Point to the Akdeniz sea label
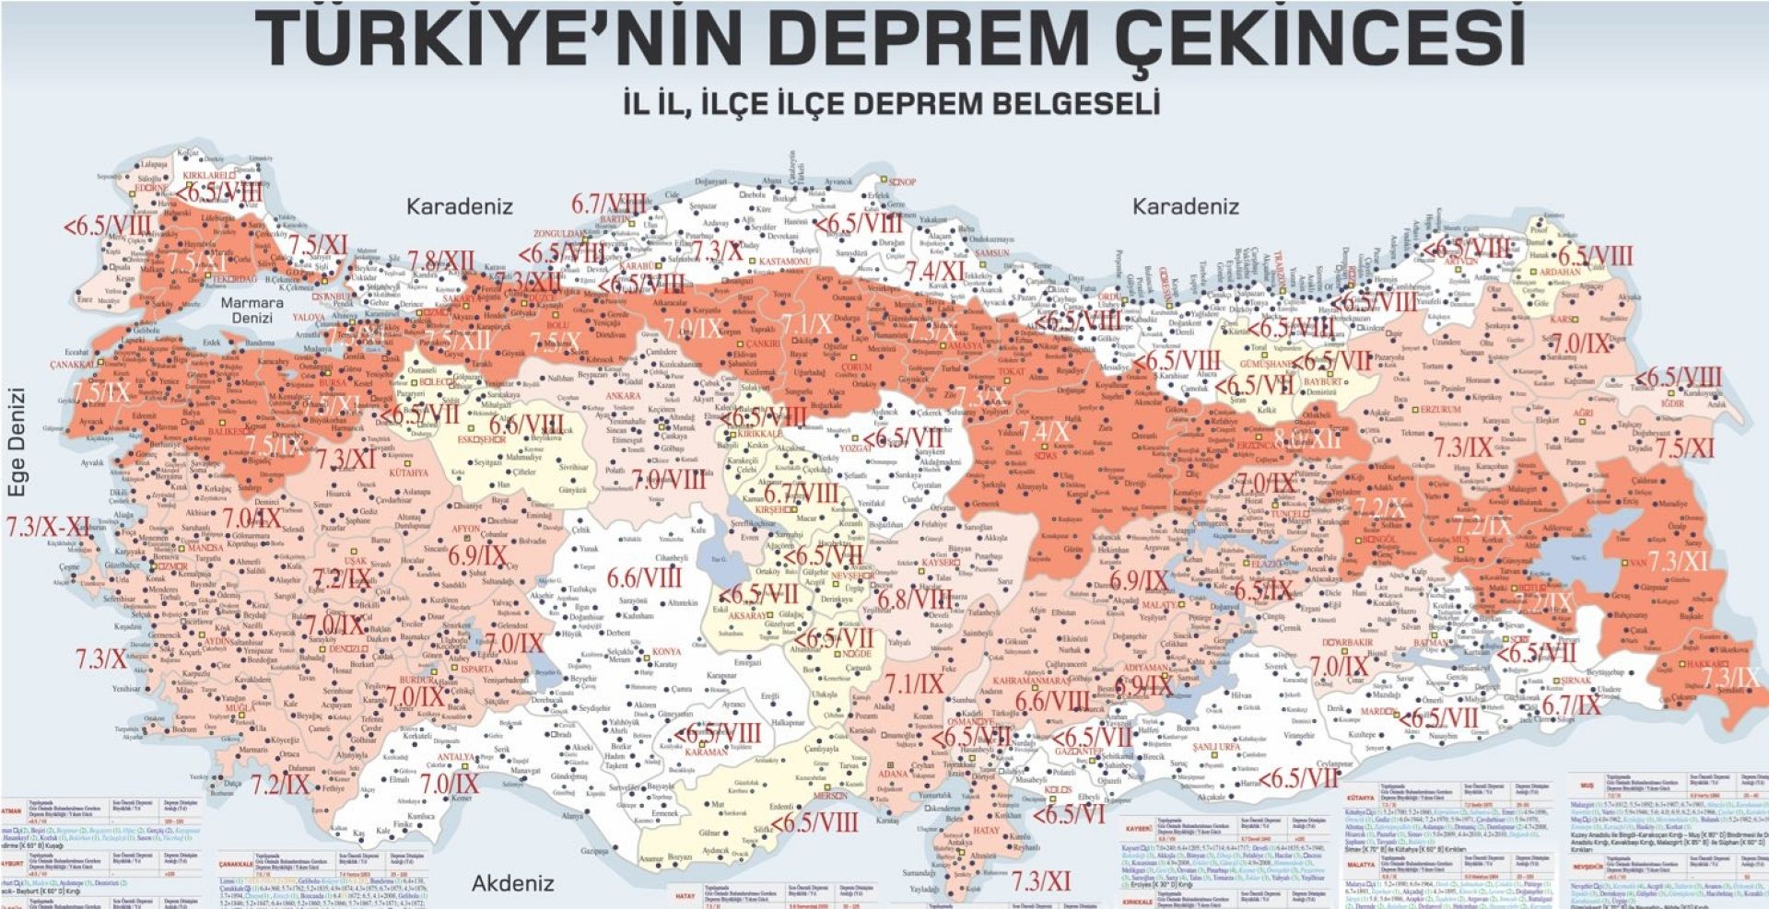[x=513, y=883]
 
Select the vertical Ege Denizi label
[x=18, y=443]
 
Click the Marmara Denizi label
[x=252, y=309]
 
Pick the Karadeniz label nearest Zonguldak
[x=459, y=206]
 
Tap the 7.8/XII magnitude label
[x=441, y=262]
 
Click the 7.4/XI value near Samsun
[x=935, y=271]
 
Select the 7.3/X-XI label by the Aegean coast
[x=48, y=527]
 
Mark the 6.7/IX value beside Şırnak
[x=1571, y=705]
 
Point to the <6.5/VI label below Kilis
[x=1069, y=815]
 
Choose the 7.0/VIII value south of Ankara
[x=669, y=479]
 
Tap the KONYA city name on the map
[x=666, y=651]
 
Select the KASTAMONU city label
[x=784, y=262]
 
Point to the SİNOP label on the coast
[x=902, y=182]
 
